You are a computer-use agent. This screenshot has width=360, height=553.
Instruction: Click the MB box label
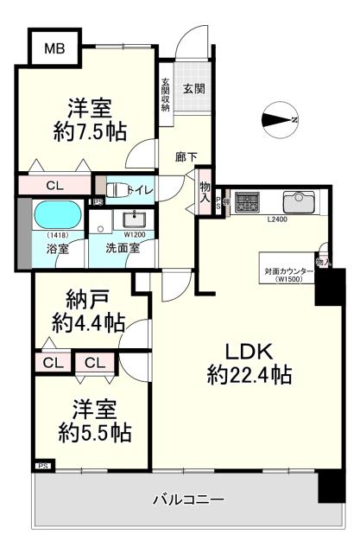[x=54, y=48]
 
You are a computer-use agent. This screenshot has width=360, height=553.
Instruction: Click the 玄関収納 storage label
[x=166, y=96]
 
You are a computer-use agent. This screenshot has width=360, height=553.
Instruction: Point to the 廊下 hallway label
[x=186, y=156]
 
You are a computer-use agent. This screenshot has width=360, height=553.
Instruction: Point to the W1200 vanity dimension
[x=134, y=234]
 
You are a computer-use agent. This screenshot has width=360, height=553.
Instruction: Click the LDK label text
[x=249, y=352]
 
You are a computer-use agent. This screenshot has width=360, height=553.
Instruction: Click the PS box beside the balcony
[x=41, y=467]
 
